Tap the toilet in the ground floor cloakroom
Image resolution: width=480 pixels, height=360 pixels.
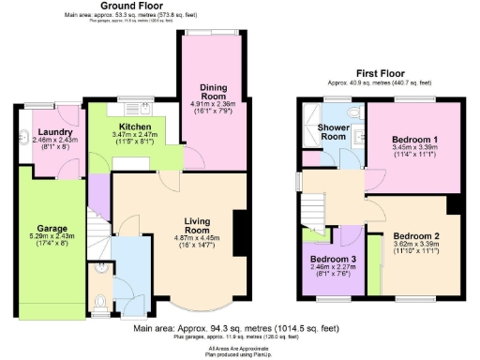[x=100, y=303]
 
